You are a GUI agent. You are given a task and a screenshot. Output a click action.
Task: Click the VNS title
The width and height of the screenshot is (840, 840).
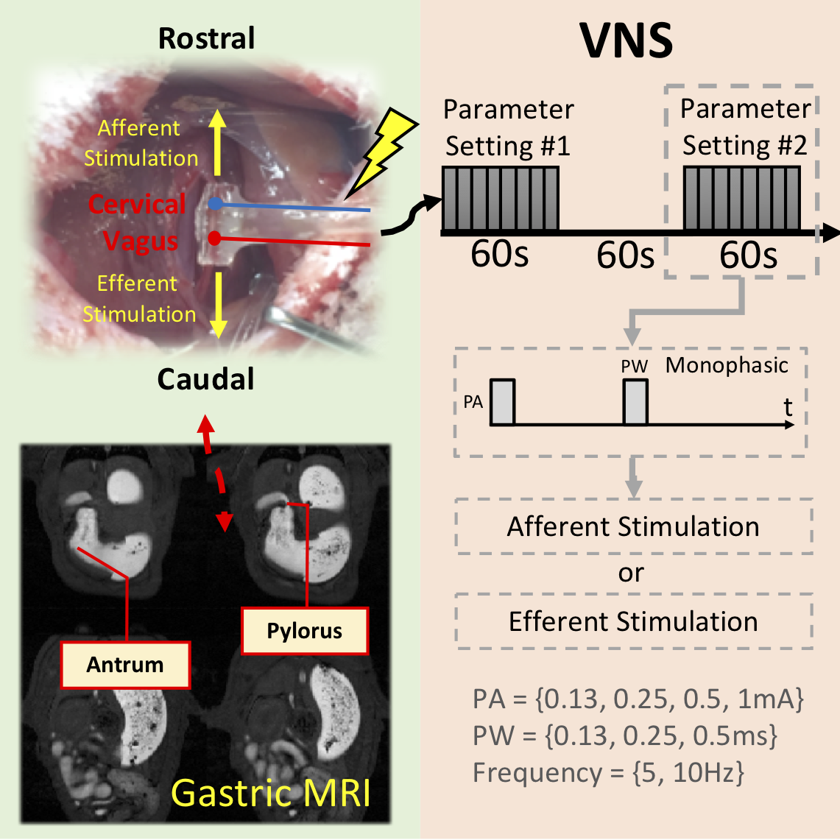pyautogui.click(x=627, y=41)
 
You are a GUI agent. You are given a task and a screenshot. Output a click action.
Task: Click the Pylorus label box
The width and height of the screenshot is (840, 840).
pyautogui.click(x=305, y=631)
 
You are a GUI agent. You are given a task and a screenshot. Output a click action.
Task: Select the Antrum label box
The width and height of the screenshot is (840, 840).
pyautogui.click(x=125, y=665)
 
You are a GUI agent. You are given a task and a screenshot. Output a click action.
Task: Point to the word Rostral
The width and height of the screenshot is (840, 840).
pyautogui.click(x=207, y=38)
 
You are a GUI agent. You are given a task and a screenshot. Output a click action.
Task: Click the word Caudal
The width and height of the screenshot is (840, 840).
pyautogui.click(x=206, y=379)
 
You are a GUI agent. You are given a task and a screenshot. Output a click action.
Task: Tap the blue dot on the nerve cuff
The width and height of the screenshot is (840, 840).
pyautogui.click(x=214, y=203)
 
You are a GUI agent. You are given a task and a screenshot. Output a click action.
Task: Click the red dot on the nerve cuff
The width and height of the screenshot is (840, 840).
pyautogui.click(x=213, y=238)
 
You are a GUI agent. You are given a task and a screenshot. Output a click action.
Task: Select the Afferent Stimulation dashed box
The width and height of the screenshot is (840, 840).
pyautogui.click(x=633, y=526)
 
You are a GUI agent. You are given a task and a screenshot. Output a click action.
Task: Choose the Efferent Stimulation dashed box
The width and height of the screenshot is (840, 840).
pyautogui.click(x=633, y=621)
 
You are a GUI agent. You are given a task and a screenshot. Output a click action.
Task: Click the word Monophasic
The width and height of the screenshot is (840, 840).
pyautogui.click(x=727, y=365)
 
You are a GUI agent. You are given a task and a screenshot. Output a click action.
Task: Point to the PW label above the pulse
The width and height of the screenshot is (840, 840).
pyautogui.click(x=634, y=367)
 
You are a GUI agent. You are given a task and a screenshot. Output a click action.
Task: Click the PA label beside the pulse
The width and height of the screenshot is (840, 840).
pyautogui.click(x=473, y=402)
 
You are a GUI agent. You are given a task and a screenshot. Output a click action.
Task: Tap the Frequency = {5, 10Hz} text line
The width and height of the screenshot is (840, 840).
pyautogui.click(x=608, y=773)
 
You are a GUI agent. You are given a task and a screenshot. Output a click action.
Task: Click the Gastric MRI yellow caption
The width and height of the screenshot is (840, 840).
pyautogui.click(x=271, y=793)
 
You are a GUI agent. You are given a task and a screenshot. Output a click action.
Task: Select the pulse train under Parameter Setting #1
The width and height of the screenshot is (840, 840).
pyautogui.click(x=501, y=199)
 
